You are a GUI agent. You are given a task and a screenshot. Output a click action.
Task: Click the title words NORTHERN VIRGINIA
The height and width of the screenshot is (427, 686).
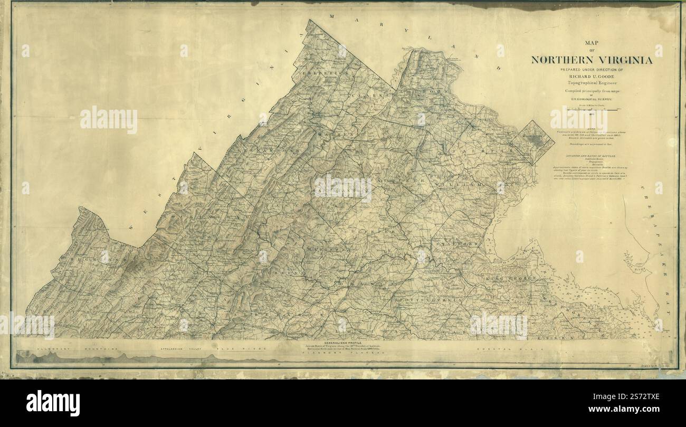tap(592, 60)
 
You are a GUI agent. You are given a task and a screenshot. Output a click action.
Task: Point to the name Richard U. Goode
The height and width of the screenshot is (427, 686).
tap(592, 76)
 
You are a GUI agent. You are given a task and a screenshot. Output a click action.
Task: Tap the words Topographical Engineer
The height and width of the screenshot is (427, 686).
tap(592, 83)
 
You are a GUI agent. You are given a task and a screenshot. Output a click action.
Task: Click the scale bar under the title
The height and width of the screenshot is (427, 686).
tap(592, 109)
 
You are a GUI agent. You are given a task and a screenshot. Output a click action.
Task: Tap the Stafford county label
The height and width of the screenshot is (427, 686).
tap(457, 243)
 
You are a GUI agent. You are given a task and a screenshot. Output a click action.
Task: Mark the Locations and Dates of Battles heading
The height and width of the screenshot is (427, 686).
tap(591, 157)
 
